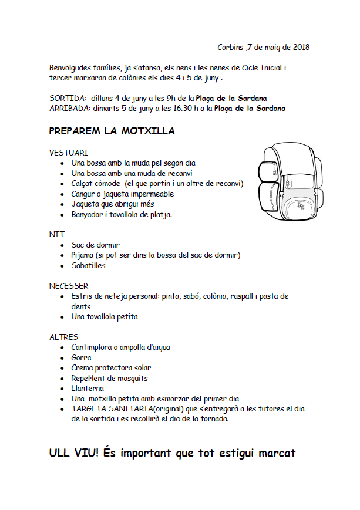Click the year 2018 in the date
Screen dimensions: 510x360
[x=301, y=47]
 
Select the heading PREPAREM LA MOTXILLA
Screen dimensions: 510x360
[x=112, y=131]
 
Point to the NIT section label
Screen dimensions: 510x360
[x=57, y=234]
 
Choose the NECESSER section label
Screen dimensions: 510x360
[x=69, y=286]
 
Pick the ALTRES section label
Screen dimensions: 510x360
[x=63, y=337]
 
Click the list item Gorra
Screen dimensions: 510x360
[x=81, y=357]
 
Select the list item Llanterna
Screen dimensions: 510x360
[x=88, y=389]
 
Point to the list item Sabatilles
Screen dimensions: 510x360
[x=89, y=265]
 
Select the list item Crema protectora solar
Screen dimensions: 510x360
[x=111, y=368]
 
